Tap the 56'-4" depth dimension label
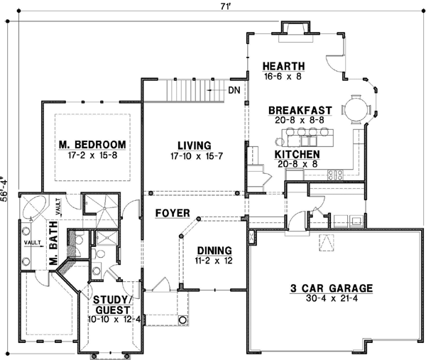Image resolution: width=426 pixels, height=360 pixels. point(6,190)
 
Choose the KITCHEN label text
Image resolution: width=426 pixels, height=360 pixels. point(297,154)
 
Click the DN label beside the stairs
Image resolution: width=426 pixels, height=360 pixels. point(235,90)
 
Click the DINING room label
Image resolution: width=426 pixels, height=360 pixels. point(214,250)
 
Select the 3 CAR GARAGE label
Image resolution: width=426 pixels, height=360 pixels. point(331,288)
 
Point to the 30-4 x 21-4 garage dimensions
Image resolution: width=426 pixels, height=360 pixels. point(331,299)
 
